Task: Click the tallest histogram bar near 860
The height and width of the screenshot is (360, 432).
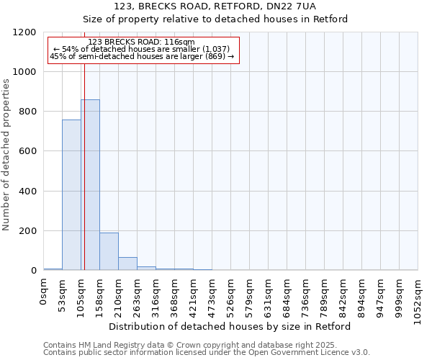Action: click(x=90, y=185)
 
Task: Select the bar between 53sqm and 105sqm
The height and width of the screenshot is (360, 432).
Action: click(x=71, y=195)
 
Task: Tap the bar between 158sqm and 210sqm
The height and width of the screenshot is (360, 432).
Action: click(x=109, y=251)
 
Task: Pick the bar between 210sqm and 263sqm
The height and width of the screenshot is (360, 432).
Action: click(x=127, y=264)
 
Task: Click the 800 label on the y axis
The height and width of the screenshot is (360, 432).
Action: click(x=29, y=112)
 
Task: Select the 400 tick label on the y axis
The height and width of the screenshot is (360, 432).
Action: click(x=29, y=192)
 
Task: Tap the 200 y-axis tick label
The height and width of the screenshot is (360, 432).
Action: click(x=29, y=231)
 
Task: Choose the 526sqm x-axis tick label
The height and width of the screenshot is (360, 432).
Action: click(x=231, y=296)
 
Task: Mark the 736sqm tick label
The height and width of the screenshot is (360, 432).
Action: click(x=306, y=296)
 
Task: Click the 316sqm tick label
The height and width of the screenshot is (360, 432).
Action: click(x=156, y=296)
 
